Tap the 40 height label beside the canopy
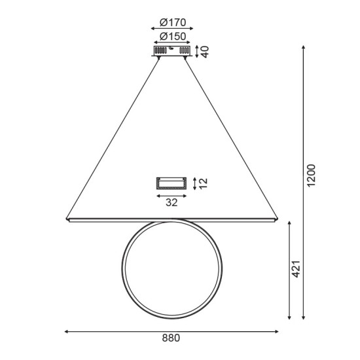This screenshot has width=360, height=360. pyautogui.click(x=205, y=51)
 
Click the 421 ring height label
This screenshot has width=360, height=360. pyautogui.click(x=296, y=269)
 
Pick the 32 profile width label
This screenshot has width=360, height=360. pyautogui.click(x=171, y=203)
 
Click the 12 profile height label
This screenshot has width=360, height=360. pyautogui.click(x=203, y=183)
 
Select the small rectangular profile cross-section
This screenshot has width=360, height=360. pyautogui.click(x=171, y=183)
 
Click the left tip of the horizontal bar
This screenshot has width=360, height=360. pyautogui.click(x=66, y=219)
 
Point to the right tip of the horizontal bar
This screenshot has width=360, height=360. pyautogui.click(x=279, y=219)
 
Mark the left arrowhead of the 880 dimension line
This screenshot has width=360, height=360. pyautogui.click(x=67, y=331)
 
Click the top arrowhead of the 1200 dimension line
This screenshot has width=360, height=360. pyautogui.click(x=303, y=47)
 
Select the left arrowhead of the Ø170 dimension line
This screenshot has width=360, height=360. pyautogui.click(x=153, y=29)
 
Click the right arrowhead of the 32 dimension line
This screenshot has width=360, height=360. pyautogui.click(x=187, y=194)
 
